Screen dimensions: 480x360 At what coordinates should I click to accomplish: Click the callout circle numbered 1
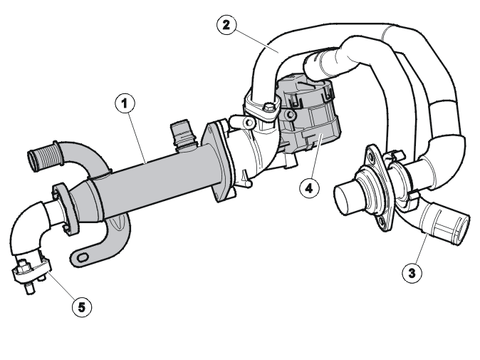click(125, 103)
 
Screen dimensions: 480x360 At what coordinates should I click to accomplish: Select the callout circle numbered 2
click(226, 25)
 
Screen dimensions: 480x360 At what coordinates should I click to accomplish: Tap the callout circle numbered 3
click(412, 272)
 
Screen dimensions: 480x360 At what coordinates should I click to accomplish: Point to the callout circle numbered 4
click(310, 187)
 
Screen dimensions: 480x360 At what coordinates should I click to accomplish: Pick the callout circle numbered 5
click(82, 307)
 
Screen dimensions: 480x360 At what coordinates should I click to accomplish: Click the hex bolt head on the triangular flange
click(268, 108)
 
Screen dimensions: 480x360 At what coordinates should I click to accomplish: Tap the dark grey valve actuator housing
click(309, 113)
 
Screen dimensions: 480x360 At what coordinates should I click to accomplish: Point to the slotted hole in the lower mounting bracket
click(83, 257)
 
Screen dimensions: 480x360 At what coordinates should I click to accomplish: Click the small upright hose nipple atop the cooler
click(183, 133)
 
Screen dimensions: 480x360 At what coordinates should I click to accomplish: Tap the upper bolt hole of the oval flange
click(372, 158)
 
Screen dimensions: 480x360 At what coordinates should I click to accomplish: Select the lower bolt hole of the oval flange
click(382, 221)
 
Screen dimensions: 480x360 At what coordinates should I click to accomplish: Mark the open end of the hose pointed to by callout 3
click(461, 229)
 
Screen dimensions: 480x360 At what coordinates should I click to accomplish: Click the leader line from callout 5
click(61, 284)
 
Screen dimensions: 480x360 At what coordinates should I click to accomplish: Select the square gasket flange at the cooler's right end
click(218, 162)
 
